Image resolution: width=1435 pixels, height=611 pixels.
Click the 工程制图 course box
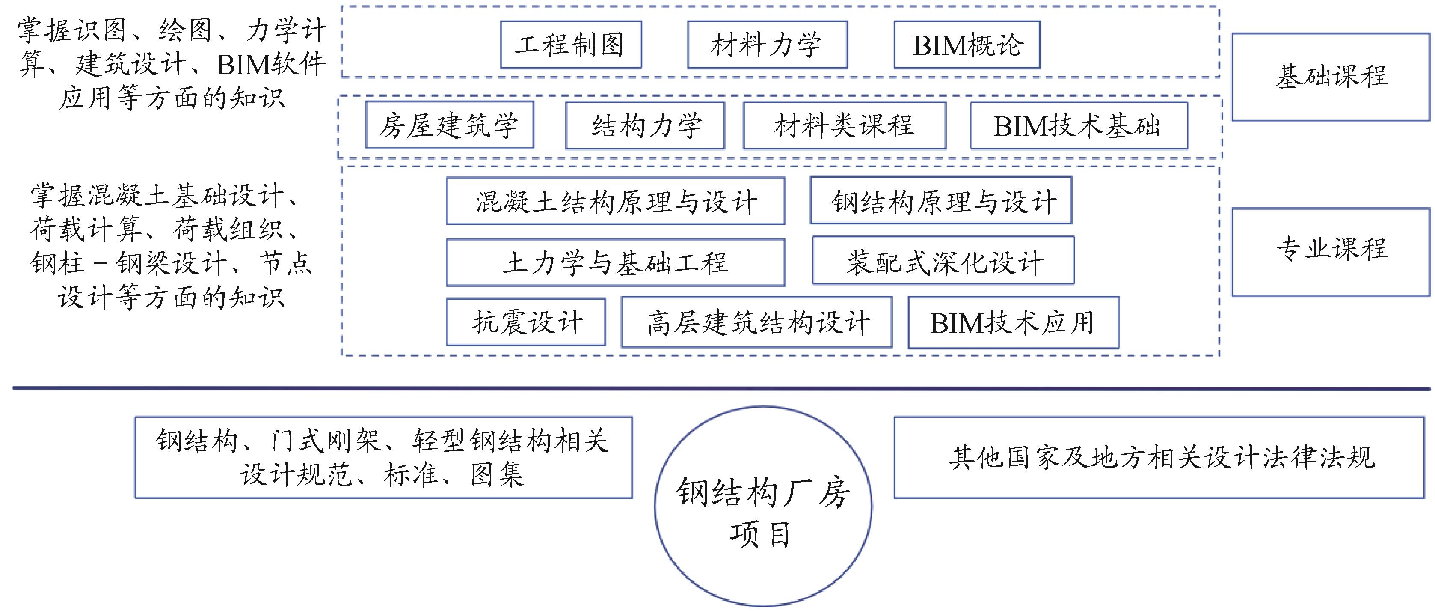(570, 45)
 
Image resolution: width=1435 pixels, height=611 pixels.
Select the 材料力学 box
(767, 45)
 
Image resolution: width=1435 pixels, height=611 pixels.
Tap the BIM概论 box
(967, 45)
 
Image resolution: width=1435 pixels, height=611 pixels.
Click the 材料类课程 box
(844, 125)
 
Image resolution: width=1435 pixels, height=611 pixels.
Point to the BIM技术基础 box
(1079, 125)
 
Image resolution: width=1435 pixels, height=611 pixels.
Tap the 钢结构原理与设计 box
(940, 201)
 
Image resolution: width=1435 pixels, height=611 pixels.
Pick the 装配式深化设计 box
(943, 261)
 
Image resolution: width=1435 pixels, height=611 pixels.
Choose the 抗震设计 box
(525, 322)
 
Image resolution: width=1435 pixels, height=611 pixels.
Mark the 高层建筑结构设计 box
(756, 322)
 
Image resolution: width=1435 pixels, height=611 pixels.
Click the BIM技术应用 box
(1013, 322)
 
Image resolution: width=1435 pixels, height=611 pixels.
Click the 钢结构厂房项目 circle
(762, 506)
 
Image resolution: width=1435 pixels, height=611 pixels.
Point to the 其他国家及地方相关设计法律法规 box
(1159, 457)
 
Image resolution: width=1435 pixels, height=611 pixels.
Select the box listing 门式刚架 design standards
(383, 457)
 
